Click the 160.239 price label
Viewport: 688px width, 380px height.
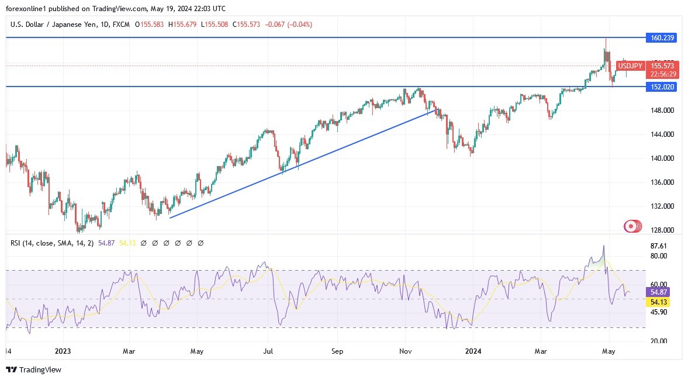click(662, 37)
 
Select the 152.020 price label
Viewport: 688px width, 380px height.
click(662, 87)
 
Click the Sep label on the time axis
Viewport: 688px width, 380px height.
click(337, 351)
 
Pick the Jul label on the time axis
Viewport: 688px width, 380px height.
click(268, 351)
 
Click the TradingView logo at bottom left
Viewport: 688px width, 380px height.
click(33, 369)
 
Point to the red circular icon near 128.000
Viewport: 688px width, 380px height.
click(631, 226)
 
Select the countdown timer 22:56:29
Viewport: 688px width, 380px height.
click(662, 74)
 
